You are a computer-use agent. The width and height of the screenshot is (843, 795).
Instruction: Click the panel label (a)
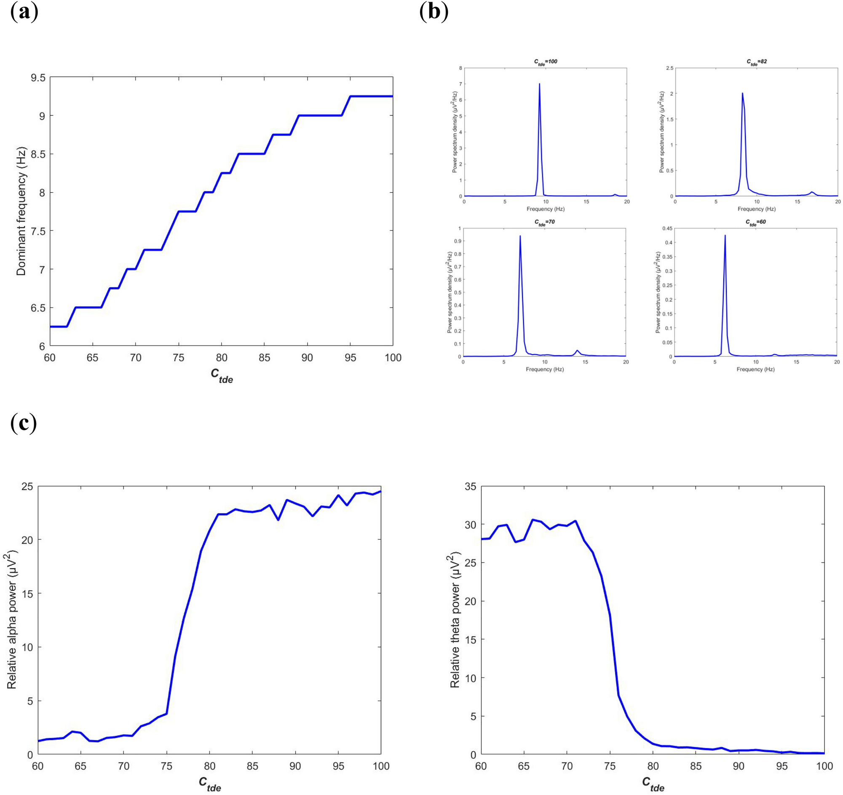tap(24, 11)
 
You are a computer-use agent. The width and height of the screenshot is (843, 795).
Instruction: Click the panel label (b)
tap(434, 11)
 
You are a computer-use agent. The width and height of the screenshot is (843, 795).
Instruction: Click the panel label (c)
tap(23, 423)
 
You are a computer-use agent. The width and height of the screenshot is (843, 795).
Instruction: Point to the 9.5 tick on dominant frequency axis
tap(38, 78)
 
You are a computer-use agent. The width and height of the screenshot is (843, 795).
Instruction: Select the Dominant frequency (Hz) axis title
tap(21, 211)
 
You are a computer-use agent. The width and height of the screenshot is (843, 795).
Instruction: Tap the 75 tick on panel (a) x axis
tap(179, 358)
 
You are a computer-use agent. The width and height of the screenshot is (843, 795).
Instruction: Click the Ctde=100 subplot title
tap(545, 62)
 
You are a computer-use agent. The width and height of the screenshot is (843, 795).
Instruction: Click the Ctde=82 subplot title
tap(757, 62)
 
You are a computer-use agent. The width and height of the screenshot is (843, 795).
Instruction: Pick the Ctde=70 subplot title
tap(544, 222)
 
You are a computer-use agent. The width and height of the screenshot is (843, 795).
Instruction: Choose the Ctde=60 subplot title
tap(756, 222)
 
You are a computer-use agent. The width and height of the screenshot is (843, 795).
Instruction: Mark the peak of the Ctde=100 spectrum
tap(539, 84)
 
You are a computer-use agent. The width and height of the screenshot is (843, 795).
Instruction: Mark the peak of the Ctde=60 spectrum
tap(725, 236)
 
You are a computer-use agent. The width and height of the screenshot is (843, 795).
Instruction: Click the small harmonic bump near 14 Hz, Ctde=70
tap(577, 351)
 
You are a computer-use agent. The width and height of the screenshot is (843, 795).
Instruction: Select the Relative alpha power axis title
tap(11, 619)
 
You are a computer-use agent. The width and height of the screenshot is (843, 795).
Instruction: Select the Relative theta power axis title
tap(455, 619)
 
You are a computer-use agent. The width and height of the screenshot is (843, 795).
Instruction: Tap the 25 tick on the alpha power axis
tap(27, 486)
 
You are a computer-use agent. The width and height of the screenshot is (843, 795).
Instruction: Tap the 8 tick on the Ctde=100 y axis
tap(460, 68)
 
